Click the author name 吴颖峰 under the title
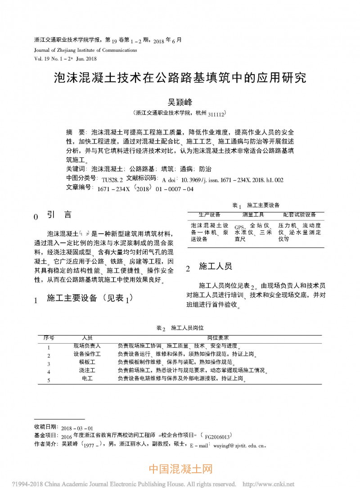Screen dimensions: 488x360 180,103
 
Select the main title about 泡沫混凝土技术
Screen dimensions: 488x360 180,78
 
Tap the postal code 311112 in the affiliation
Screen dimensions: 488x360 216,115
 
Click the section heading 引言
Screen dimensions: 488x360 58,215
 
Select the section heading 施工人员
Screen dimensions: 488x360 215,267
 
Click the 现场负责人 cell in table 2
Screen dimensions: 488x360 87,346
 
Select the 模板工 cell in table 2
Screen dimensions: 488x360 87,362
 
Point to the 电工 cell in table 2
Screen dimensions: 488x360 87,379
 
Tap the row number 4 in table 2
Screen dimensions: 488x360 49,371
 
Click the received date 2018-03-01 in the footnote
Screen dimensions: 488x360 77,428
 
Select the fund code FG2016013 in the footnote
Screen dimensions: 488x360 218,436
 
